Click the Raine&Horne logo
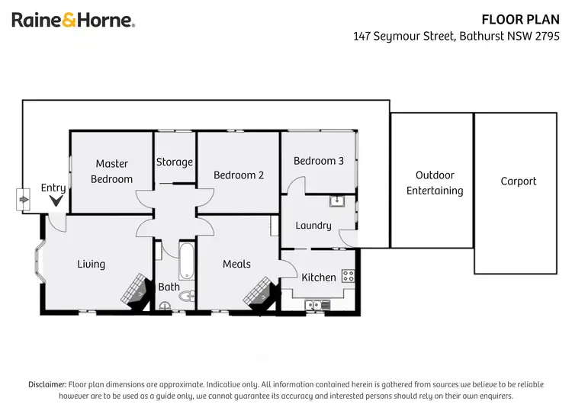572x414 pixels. click(73, 21)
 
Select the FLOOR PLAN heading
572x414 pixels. click(526, 19)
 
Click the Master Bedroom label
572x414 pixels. click(111, 172)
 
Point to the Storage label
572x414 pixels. click(175, 162)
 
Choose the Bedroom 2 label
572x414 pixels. click(239, 175)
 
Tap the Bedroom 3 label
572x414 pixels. click(319, 161)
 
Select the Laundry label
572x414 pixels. click(313, 225)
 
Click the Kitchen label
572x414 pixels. click(319, 277)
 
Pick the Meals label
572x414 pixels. click(236, 264)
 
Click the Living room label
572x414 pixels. click(91, 264)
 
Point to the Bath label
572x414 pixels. click(169, 287)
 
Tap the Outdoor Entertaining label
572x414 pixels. click(435, 183)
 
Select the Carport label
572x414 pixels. click(519, 181)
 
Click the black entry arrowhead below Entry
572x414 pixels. click(56, 201)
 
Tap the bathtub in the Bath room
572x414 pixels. click(187, 262)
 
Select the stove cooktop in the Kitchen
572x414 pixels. click(348, 275)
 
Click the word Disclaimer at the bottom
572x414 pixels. click(47, 384)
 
